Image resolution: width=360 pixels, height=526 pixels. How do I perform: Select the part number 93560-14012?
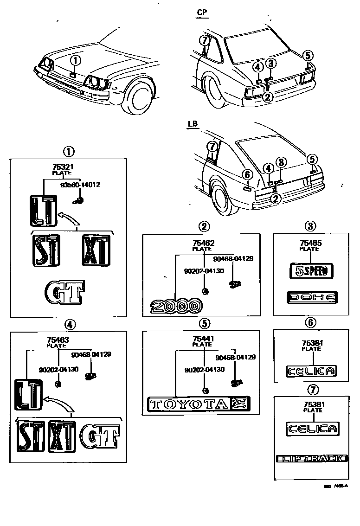pos(80,185)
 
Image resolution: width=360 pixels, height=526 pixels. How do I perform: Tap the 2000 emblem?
pos(176,306)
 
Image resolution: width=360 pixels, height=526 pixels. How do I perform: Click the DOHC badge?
pos(311,297)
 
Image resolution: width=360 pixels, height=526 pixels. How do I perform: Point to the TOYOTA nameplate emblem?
pos(189,404)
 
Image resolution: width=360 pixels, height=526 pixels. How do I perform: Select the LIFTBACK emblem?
pos(311,459)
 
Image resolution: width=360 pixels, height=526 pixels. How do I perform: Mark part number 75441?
pos(204,339)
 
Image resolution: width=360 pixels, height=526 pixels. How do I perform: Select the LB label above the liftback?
pos(193,124)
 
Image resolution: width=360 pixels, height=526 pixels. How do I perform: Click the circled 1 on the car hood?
pos(76,60)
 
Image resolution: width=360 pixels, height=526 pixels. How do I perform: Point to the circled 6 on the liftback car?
pos(247,174)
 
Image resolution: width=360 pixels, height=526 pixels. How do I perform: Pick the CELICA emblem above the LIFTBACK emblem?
pos(311,428)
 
